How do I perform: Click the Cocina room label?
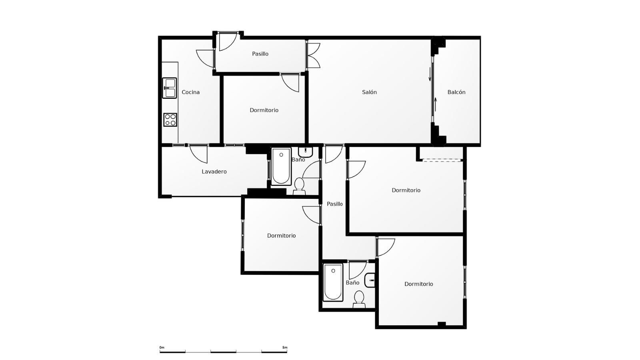pos(190,92)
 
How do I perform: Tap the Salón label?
pos(369,92)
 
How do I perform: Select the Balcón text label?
pos(456,92)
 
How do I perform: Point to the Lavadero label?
pos(214,172)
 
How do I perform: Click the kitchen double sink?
pos(170,88)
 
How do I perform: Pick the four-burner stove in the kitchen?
pos(170,120)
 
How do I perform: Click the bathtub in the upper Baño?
pos(281,166)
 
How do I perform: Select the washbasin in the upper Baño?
pos(306,152)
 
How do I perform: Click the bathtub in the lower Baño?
pos(333,282)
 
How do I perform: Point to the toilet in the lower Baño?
pos(359,300)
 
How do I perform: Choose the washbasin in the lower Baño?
pos(370,280)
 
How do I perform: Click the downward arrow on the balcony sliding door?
pos(430,74)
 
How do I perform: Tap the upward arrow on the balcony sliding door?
pos(436,104)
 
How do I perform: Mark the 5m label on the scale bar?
pos(284,348)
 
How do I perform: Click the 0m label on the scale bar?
pos(162,348)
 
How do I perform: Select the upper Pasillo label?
pos(260,54)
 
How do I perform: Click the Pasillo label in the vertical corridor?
pos(334,204)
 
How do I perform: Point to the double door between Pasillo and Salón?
pos(313,56)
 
